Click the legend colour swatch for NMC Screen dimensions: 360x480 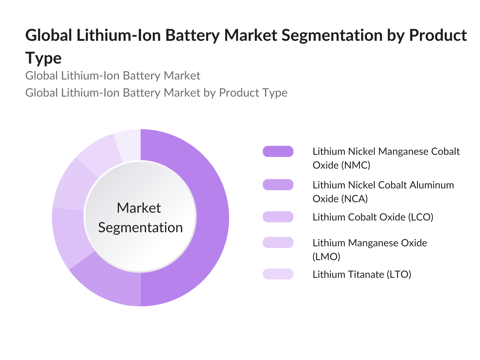coord(278,151)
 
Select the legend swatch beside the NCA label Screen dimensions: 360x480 coord(278,184)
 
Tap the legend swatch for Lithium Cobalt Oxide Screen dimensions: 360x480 coord(278,217)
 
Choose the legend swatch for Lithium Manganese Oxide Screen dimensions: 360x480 coord(278,242)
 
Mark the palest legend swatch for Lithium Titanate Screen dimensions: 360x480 coord(278,274)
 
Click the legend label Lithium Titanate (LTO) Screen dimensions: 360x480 coord(361,274)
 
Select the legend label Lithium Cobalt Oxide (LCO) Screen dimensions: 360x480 coord(373,217)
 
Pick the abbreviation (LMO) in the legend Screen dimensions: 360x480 coord(326,256)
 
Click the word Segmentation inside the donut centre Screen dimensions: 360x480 coord(140,227)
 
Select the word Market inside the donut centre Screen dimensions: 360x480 coord(139,208)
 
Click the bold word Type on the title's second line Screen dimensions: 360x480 coord(43,58)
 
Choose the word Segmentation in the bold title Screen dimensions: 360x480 coord(332,35)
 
